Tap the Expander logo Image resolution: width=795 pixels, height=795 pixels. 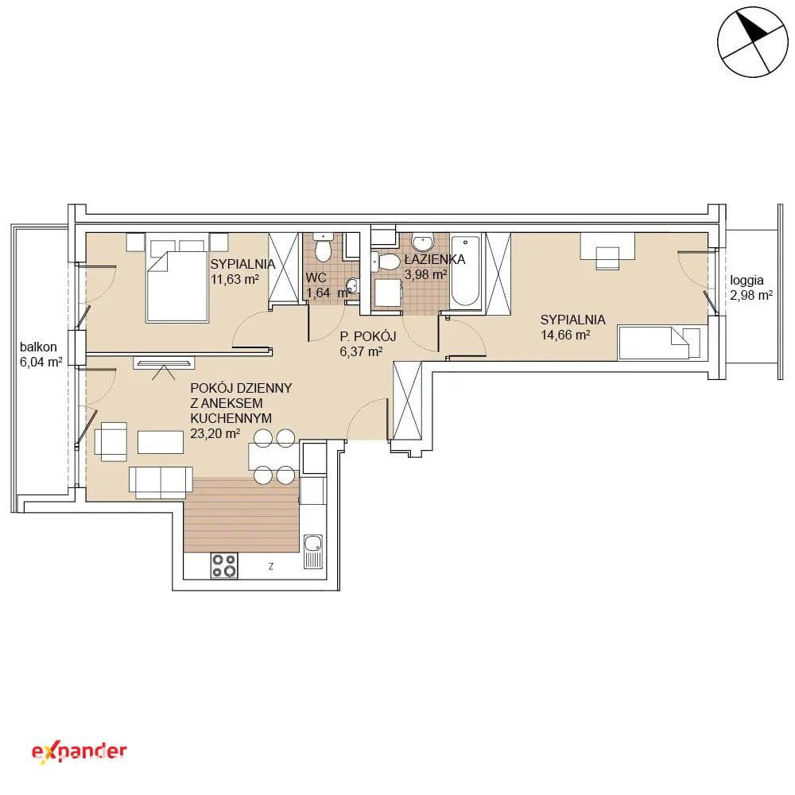tap(79, 752)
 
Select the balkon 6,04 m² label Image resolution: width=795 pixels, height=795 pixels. tap(41, 355)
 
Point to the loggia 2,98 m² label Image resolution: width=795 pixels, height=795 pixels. tap(751, 288)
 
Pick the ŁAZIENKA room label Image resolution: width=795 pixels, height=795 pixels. tap(435, 259)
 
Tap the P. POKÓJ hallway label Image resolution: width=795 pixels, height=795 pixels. tap(367, 336)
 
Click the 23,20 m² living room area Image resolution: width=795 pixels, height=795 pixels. tap(215, 433)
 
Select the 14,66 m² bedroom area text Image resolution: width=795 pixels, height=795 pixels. tap(565, 335)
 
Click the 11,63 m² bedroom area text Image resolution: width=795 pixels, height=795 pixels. tap(235, 279)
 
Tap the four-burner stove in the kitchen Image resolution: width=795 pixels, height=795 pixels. tap(224, 565)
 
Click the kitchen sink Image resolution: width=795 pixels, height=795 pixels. tap(313, 551)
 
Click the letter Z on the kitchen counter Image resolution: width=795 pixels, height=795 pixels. tap(271, 566)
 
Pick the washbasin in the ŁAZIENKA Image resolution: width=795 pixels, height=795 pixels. tap(422, 242)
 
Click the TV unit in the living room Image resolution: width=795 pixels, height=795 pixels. tap(164, 362)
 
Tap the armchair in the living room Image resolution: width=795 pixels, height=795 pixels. tap(110, 441)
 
